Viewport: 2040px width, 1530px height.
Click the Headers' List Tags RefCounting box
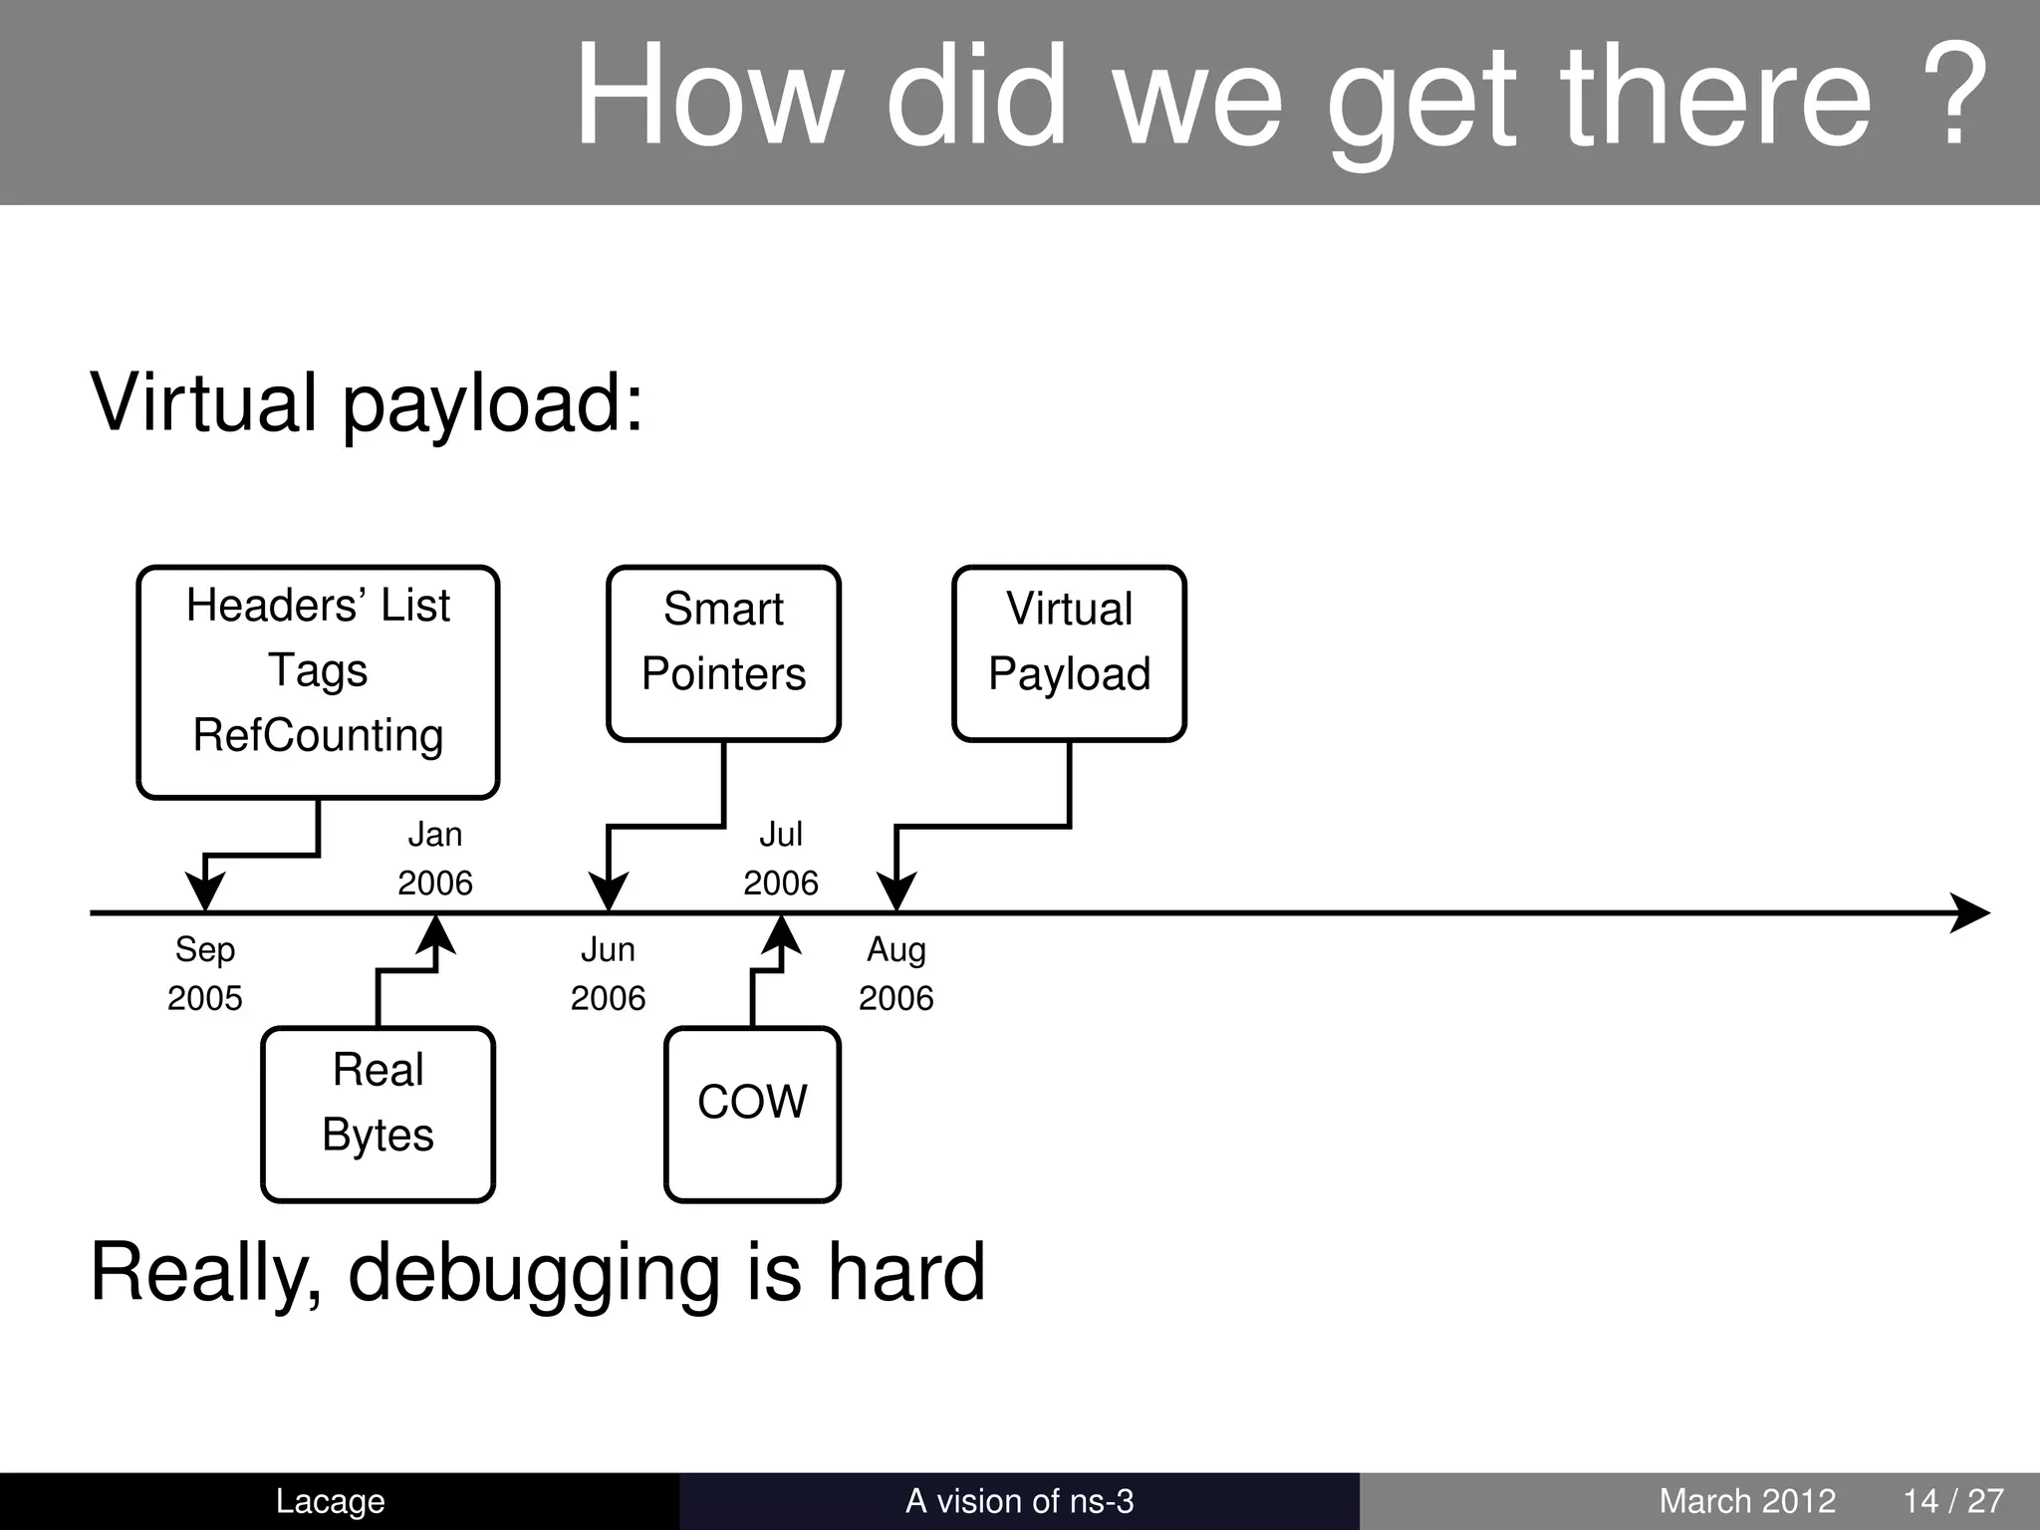point(318,682)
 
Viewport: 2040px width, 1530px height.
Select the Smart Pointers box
point(723,653)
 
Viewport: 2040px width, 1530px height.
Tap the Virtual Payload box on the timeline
point(1069,653)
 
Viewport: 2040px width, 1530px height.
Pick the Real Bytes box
point(378,1114)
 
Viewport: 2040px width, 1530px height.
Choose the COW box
point(752,1114)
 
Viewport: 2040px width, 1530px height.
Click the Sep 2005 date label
point(205,973)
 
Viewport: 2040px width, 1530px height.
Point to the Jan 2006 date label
point(435,858)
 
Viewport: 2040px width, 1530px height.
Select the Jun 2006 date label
point(608,973)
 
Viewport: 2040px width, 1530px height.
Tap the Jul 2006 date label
point(781,858)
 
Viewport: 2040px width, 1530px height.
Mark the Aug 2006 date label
point(896,973)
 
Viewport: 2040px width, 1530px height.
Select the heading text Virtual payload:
point(367,403)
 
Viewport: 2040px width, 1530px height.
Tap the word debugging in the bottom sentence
point(533,1275)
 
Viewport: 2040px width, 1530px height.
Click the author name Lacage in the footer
point(330,1501)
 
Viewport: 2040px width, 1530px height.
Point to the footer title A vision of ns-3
point(1019,1501)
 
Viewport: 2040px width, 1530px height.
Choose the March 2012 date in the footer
point(1747,1501)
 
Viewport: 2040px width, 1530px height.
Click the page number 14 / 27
point(1953,1501)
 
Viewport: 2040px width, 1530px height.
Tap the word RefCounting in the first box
point(318,736)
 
